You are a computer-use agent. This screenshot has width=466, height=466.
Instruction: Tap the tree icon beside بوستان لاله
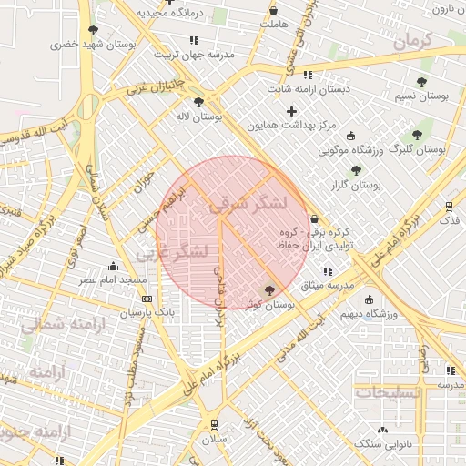click(x=199, y=103)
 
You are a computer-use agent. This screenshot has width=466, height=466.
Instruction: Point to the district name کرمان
click(x=425, y=40)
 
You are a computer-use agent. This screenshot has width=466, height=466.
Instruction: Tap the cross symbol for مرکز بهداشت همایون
click(x=291, y=111)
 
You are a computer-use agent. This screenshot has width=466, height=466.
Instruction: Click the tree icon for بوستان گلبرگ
click(x=418, y=135)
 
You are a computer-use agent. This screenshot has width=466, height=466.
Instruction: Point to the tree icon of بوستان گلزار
click(x=356, y=170)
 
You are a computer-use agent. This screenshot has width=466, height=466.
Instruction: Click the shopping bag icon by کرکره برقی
click(x=315, y=219)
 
